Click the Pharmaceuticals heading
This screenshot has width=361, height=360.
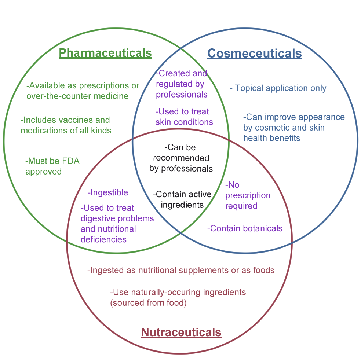[105, 53]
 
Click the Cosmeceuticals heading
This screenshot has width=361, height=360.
[254, 54]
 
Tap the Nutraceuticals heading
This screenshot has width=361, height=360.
[181, 332]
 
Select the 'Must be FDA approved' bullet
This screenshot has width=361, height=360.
[52, 166]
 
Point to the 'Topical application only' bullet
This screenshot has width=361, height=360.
[278, 88]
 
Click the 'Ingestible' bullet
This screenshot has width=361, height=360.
[108, 192]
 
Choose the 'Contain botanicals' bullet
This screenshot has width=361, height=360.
[245, 228]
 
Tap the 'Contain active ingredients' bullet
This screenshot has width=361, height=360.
[182, 199]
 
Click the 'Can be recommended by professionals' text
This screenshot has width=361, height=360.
[181, 158]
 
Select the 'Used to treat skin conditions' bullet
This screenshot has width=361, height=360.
[184, 117]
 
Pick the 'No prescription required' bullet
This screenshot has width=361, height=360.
[248, 195]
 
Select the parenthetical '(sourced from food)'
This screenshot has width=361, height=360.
[148, 303]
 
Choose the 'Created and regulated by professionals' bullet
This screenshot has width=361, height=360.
[182, 84]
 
